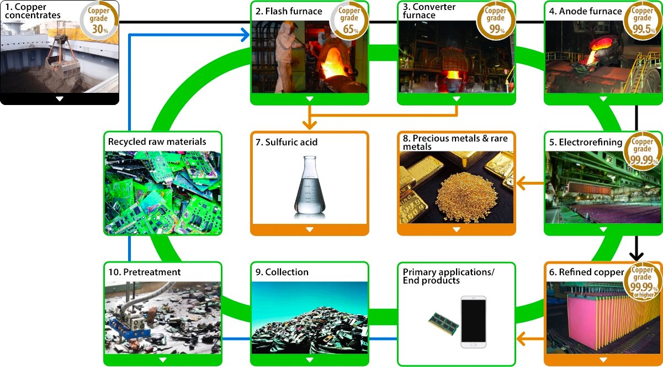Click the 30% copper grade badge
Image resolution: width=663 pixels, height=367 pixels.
click(99, 20)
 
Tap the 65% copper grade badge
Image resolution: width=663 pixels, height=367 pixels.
click(349, 20)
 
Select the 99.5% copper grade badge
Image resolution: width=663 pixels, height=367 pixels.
click(643, 20)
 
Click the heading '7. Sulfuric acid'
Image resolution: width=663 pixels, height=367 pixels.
click(286, 142)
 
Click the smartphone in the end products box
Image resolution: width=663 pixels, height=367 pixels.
click(473, 322)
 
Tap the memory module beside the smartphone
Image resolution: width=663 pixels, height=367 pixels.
click(444, 324)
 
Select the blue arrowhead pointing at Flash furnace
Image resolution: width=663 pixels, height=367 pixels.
click(245, 35)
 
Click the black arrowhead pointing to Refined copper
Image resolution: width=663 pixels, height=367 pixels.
click(637, 256)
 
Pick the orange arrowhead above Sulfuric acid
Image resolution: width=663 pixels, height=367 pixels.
click(310, 125)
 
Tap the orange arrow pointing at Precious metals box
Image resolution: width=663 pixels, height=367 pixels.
click(530, 183)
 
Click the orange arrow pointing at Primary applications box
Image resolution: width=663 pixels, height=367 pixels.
click(530, 339)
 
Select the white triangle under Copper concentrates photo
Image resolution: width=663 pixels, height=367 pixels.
click(60, 99)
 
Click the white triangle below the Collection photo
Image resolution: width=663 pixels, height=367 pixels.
click(310, 360)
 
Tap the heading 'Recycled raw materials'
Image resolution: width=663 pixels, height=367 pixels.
click(157, 141)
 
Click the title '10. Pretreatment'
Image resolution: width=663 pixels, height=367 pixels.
click(145, 272)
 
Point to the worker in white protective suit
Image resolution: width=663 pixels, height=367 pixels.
click(285, 56)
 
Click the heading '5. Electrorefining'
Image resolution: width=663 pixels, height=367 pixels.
click(586, 142)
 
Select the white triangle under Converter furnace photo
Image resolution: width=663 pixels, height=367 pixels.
click(457, 99)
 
